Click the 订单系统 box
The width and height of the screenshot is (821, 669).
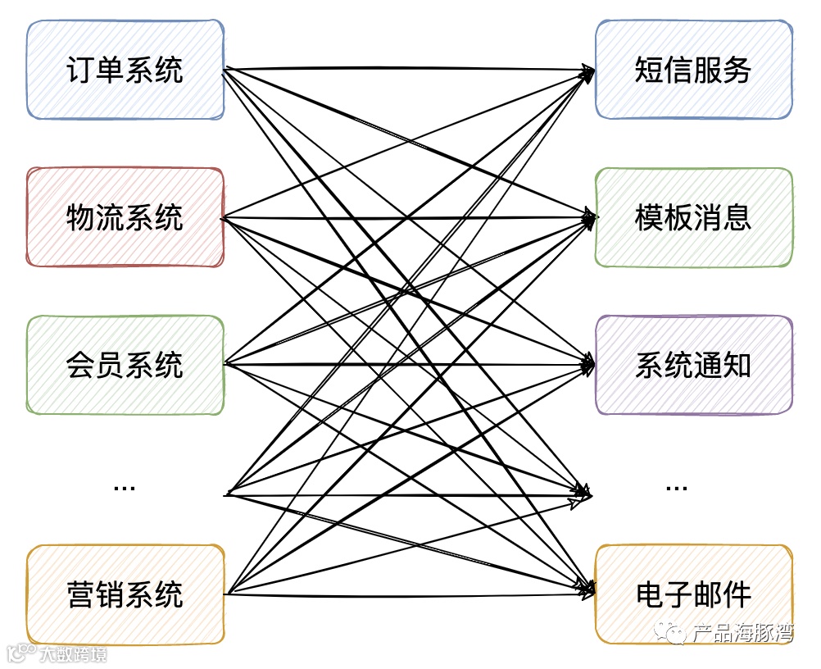pos(125,71)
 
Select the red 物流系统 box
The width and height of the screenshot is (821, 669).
pos(125,217)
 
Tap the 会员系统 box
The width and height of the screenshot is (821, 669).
pos(125,365)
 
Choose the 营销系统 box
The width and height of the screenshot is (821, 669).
pos(125,594)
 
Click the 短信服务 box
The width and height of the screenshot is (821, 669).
pos(693,71)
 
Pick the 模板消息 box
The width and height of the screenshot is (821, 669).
pos(693,217)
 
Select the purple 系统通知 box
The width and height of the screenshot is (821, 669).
pos(693,365)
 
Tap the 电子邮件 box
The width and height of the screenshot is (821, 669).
pos(693,594)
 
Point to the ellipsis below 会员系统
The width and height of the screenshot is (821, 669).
pos(125,488)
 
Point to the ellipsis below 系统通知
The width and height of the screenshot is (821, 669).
pos(677,488)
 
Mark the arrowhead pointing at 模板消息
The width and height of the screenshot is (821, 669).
pos(589,218)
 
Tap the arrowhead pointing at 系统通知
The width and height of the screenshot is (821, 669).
pos(589,365)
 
